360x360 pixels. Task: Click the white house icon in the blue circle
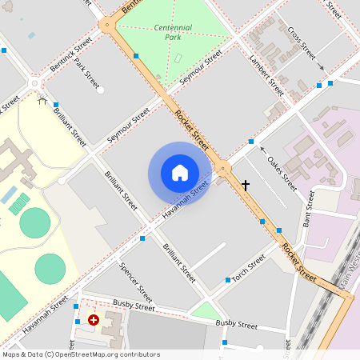point(180,172)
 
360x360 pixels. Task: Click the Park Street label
point(86,73)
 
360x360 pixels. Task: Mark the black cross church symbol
point(245,185)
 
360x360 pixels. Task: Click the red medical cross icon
point(94,320)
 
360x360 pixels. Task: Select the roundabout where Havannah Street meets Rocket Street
point(223,167)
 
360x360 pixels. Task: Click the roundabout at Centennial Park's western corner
point(106,24)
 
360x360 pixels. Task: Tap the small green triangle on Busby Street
point(206,310)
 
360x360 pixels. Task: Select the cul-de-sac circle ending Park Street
point(100,90)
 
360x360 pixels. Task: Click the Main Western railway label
point(350,268)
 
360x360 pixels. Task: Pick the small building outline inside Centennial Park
point(178,58)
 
